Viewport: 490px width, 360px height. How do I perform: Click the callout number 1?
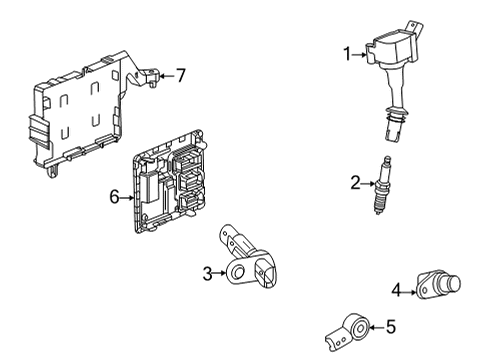pyautogui.click(x=348, y=54)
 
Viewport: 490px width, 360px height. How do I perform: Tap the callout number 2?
pyautogui.click(x=356, y=183)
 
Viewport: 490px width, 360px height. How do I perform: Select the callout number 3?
pyautogui.click(x=207, y=274)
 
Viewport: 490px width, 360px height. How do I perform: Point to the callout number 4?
pyautogui.click(x=396, y=290)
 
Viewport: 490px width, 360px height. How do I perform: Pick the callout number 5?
pyautogui.click(x=391, y=327)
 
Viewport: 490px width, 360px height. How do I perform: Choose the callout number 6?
pyautogui.click(x=114, y=197)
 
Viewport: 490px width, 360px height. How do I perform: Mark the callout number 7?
pyautogui.click(x=181, y=75)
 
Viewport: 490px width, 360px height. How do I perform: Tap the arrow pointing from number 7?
pyautogui.click(x=167, y=76)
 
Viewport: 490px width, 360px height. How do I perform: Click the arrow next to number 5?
pyautogui.click(x=377, y=328)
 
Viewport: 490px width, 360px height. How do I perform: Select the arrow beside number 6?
pyautogui.click(x=127, y=198)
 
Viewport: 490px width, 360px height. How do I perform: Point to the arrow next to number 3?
pyautogui.click(x=220, y=273)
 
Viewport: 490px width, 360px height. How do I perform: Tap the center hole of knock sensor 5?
pyautogui.click(x=361, y=329)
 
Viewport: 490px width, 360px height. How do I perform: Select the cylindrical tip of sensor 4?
pyautogui.click(x=454, y=283)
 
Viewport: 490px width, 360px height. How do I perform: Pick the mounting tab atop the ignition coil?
pyautogui.click(x=414, y=28)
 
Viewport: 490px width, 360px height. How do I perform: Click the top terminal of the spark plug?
pyautogui.click(x=387, y=160)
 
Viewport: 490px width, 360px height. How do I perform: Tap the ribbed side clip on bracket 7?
pyautogui.click(x=38, y=132)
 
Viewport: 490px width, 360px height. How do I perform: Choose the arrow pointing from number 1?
pyautogui.click(x=359, y=55)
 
